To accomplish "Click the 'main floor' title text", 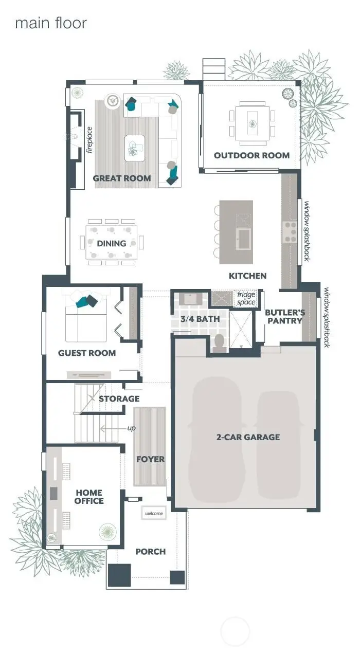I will pos(50,23).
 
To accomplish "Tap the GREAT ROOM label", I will pos(122,178).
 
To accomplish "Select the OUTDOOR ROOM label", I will pos(251,155).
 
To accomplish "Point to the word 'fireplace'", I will pos(89,140).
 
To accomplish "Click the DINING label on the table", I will pos(112,243).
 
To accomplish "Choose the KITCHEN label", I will pos(247,276).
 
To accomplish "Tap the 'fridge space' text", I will pos(246,299).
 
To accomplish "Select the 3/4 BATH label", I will pos(200,319).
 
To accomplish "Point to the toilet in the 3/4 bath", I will pos(220,343).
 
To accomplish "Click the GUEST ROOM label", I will pos(87,353).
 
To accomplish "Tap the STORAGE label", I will pos(119,398).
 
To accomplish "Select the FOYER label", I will pos(150,459).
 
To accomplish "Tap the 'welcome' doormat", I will pos(154,514).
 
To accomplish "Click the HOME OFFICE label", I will pos(89,497).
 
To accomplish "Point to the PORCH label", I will pos(150,552).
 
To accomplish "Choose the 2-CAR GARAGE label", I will pos(248,437).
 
